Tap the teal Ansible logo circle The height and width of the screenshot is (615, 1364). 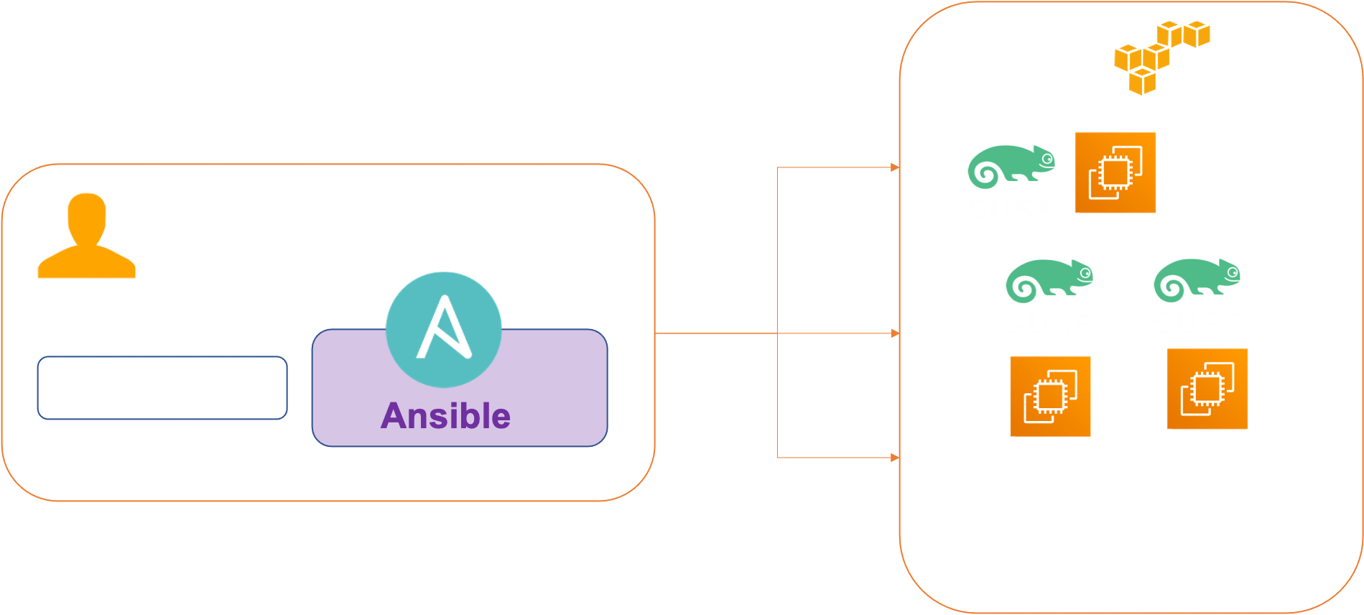tap(443, 329)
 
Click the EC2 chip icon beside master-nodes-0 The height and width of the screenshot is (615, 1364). tap(1115, 172)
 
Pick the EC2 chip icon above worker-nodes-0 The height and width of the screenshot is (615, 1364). tap(1050, 396)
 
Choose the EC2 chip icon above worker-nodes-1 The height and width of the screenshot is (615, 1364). tap(1207, 389)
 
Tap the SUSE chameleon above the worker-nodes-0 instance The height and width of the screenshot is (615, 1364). tap(1049, 279)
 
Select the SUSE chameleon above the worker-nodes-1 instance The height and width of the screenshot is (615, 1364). tap(1197, 279)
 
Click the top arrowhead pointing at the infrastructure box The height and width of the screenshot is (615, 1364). tap(894, 167)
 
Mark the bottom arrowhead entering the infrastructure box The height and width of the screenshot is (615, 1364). tap(894, 458)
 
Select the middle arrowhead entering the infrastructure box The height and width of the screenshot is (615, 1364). tap(894, 333)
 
